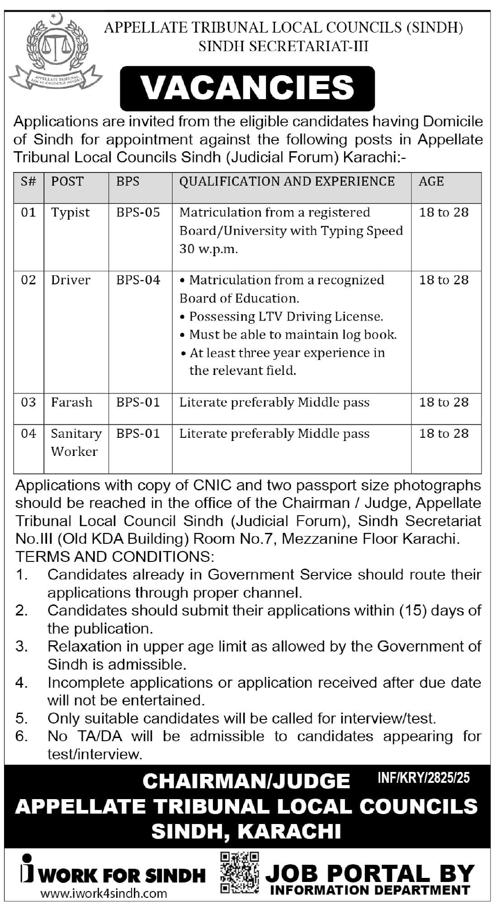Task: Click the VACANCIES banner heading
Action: (247, 88)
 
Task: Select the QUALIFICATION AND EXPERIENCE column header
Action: (287, 182)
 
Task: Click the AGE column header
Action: (431, 182)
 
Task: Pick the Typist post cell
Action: (70, 212)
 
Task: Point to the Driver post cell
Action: (70, 280)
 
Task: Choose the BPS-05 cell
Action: (138, 212)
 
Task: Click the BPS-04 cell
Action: (138, 280)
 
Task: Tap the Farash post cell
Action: (71, 402)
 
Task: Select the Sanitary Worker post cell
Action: (76, 442)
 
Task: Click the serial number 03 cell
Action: (28, 402)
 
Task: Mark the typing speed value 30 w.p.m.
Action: (208, 249)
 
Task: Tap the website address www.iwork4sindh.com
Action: (104, 893)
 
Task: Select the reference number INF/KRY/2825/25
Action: (423, 778)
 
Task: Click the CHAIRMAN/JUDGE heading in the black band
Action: (246, 781)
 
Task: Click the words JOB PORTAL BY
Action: (369, 872)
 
